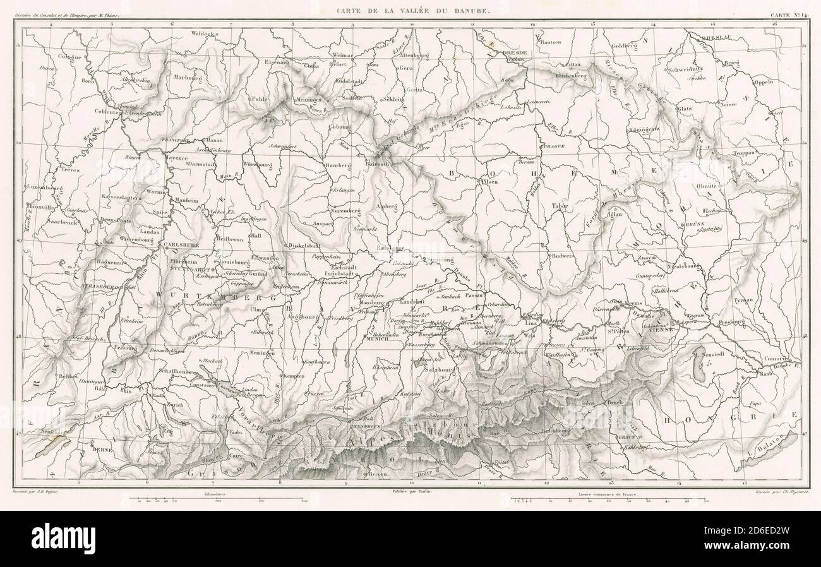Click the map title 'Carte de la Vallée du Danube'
coord(413,11)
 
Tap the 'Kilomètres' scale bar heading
coord(215,491)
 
